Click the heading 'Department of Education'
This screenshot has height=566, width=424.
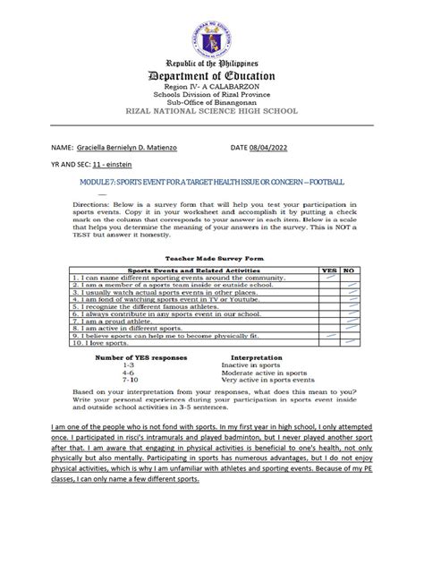(211, 76)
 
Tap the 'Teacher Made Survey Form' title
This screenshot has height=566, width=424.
(211, 255)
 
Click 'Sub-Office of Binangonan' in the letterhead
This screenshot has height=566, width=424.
(211, 103)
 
